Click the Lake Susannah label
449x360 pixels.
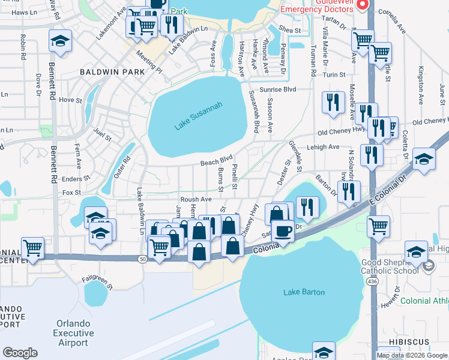[199, 116]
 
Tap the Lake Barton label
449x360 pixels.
[304, 292]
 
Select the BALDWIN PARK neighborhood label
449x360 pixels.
[112, 72]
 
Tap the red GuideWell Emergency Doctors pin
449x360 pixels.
[362, 5]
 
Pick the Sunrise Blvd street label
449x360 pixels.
[282, 89]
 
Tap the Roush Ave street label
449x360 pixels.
[196, 199]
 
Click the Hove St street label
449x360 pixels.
[70, 100]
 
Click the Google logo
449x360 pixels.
[20, 353]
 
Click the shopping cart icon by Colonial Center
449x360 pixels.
[32, 247]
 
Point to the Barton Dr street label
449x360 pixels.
[325, 182]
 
